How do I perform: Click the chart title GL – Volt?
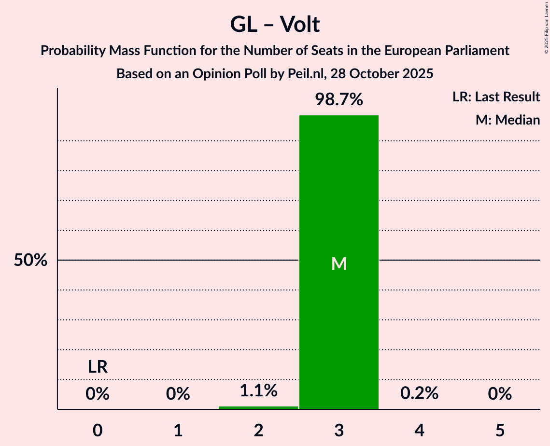(x=275, y=24)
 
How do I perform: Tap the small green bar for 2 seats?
(x=258, y=408)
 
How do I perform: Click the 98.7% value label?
(x=339, y=99)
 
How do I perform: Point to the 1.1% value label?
(x=258, y=390)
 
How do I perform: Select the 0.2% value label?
(x=419, y=393)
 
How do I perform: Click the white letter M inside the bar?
(x=339, y=264)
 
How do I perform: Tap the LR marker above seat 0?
(x=98, y=367)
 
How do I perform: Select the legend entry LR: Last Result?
(x=496, y=97)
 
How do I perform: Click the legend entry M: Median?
(x=508, y=120)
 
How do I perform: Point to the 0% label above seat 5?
(x=500, y=394)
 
